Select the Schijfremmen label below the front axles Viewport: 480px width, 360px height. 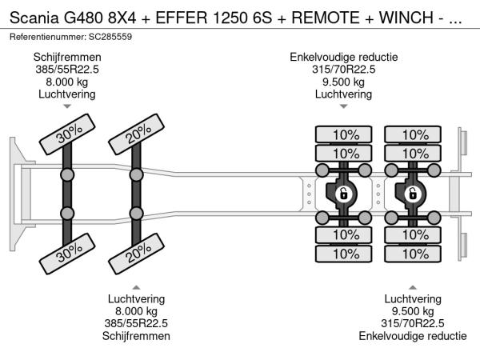tap(137, 336)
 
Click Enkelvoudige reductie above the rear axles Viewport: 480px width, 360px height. tap(343, 57)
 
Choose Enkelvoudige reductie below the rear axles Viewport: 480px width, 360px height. tap(412, 336)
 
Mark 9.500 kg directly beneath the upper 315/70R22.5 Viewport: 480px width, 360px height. tap(343, 82)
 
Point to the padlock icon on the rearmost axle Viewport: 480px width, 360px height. tap(413, 193)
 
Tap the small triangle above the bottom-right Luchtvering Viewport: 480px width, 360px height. tap(412, 286)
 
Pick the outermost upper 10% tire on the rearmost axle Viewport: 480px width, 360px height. tap(413, 134)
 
